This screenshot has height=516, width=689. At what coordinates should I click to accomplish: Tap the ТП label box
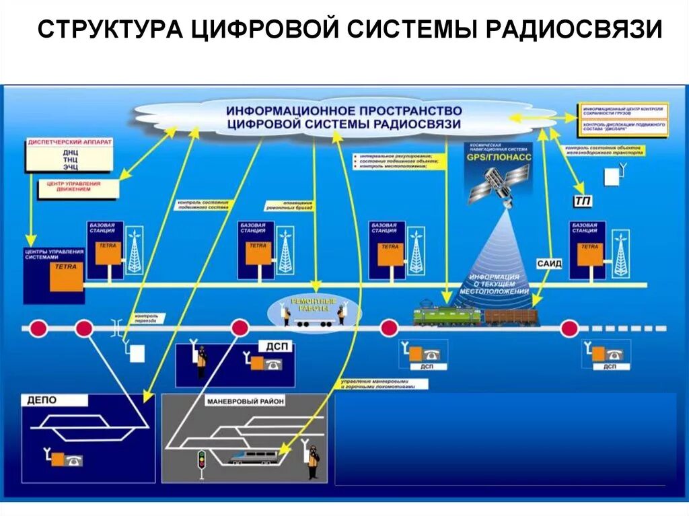[x=581, y=200]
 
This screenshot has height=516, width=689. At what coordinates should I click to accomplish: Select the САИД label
[x=549, y=263]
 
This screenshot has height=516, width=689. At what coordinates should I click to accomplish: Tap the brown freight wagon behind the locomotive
[x=511, y=316]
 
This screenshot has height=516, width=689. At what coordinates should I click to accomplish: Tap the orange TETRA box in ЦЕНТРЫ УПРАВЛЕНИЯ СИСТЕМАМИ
[x=66, y=277]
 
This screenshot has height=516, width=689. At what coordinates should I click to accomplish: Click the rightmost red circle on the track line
[x=570, y=328]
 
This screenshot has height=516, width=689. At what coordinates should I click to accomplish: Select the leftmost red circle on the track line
[x=38, y=328]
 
